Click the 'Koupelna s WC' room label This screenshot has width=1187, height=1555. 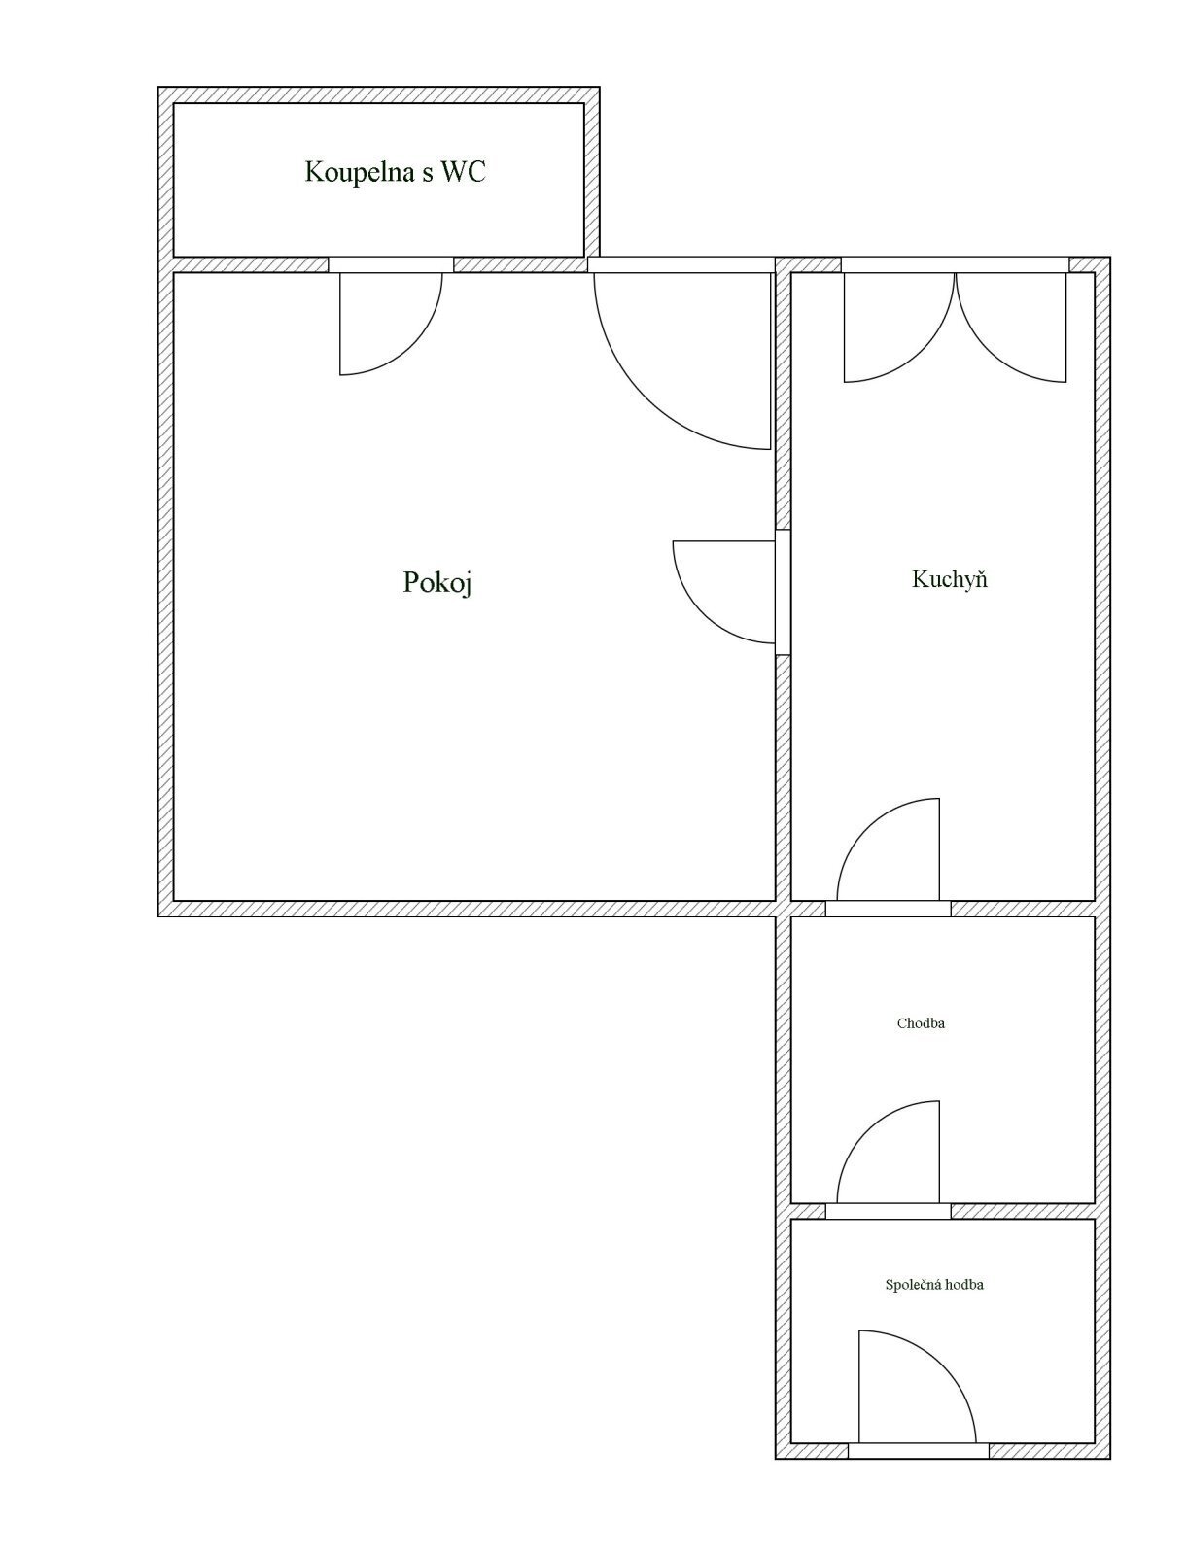395,172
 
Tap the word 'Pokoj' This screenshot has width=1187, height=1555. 437,582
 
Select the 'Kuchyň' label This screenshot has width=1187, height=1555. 949,579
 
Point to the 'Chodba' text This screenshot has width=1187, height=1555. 921,1023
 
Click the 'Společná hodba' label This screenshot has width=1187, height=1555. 934,1285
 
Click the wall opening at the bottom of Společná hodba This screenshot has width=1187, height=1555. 919,1451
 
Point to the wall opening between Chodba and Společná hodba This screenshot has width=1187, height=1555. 888,1211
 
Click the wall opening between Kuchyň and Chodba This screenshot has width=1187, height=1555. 888,909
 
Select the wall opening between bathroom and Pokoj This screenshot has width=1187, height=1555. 391,265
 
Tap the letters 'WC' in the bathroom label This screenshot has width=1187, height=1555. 464,171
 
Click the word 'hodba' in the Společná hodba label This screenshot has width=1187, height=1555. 963,1285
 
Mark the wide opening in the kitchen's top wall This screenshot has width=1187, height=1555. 955,265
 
